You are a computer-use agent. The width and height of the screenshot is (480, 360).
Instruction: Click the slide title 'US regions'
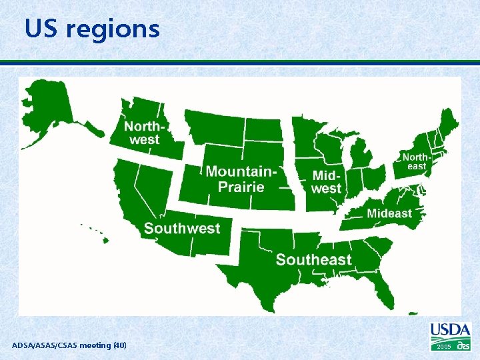(92, 29)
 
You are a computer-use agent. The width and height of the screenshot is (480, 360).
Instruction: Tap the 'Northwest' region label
(145, 133)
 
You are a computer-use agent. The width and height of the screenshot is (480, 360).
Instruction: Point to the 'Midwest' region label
(327, 181)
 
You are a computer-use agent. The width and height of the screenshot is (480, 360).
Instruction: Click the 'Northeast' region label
(416, 161)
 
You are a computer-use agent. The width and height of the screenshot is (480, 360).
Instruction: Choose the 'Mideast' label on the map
(389, 213)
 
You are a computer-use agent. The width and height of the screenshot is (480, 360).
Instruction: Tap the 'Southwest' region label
(181, 229)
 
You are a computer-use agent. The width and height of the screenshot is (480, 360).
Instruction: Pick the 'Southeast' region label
(313, 259)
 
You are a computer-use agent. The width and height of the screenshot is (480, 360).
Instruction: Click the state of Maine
(449, 127)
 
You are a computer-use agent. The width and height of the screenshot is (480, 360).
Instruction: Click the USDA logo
(450, 331)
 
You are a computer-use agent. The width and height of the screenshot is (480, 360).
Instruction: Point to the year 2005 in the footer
(443, 347)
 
